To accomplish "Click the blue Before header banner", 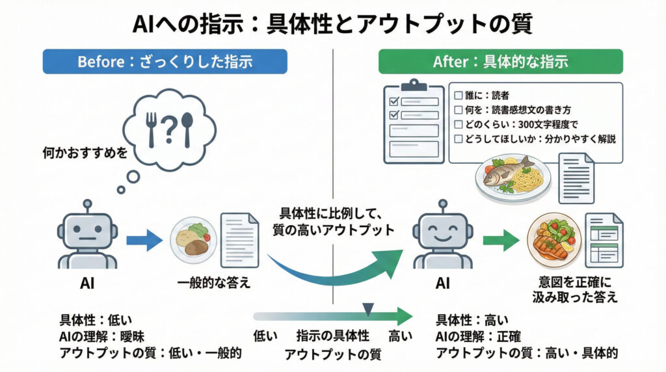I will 165,62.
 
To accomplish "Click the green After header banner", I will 501,62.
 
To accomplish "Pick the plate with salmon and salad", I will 552,239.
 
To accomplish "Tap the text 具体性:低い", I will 96,321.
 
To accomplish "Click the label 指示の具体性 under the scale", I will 333,336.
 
